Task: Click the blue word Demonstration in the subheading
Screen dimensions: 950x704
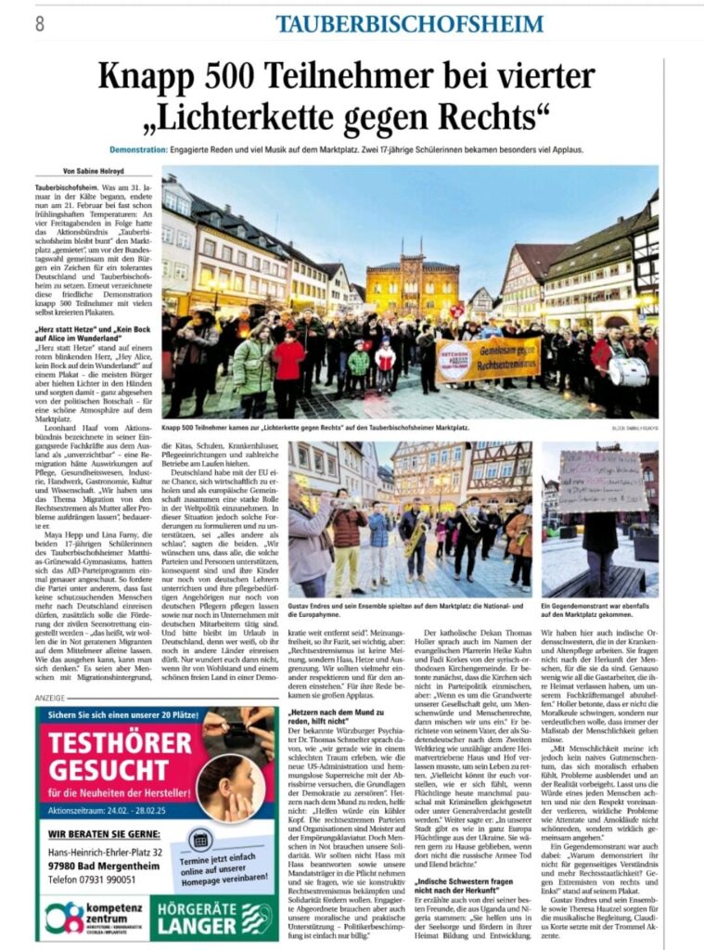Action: pyautogui.click(x=137, y=149)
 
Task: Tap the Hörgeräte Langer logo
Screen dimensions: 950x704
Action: pyautogui.click(x=214, y=917)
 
